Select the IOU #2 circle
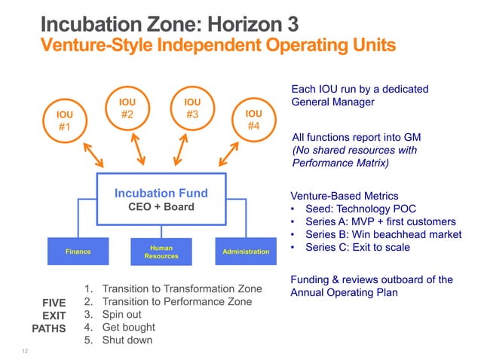(127, 108)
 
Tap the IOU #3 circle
(192, 108)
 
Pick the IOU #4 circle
(253, 120)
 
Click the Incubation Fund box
(161, 200)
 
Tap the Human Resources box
(161, 252)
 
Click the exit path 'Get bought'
(128, 327)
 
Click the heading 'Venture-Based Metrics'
(344, 196)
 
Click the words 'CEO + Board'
(161, 207)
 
